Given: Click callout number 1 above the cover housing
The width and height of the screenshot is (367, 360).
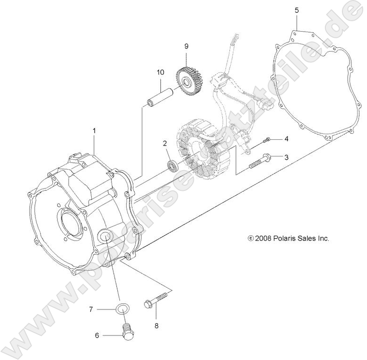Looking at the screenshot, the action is coord(94,131).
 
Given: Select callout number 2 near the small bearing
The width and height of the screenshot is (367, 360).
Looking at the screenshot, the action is coord(165,143).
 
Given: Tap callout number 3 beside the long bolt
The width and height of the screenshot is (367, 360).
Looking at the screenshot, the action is coord(286,157).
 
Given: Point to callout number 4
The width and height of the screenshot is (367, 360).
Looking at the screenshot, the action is coord(286,139).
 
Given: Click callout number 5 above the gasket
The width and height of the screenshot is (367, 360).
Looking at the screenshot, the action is coord(297,10).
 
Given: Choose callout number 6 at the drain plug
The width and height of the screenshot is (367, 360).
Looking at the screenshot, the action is coord(97,335).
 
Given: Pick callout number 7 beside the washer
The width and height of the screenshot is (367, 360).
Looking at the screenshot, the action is coord(91,309).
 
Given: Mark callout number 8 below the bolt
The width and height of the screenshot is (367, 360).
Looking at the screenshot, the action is coord(157,326).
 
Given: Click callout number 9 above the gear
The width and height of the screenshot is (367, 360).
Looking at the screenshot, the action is coord(186,46).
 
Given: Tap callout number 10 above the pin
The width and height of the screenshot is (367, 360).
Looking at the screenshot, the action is coord(160,72).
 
